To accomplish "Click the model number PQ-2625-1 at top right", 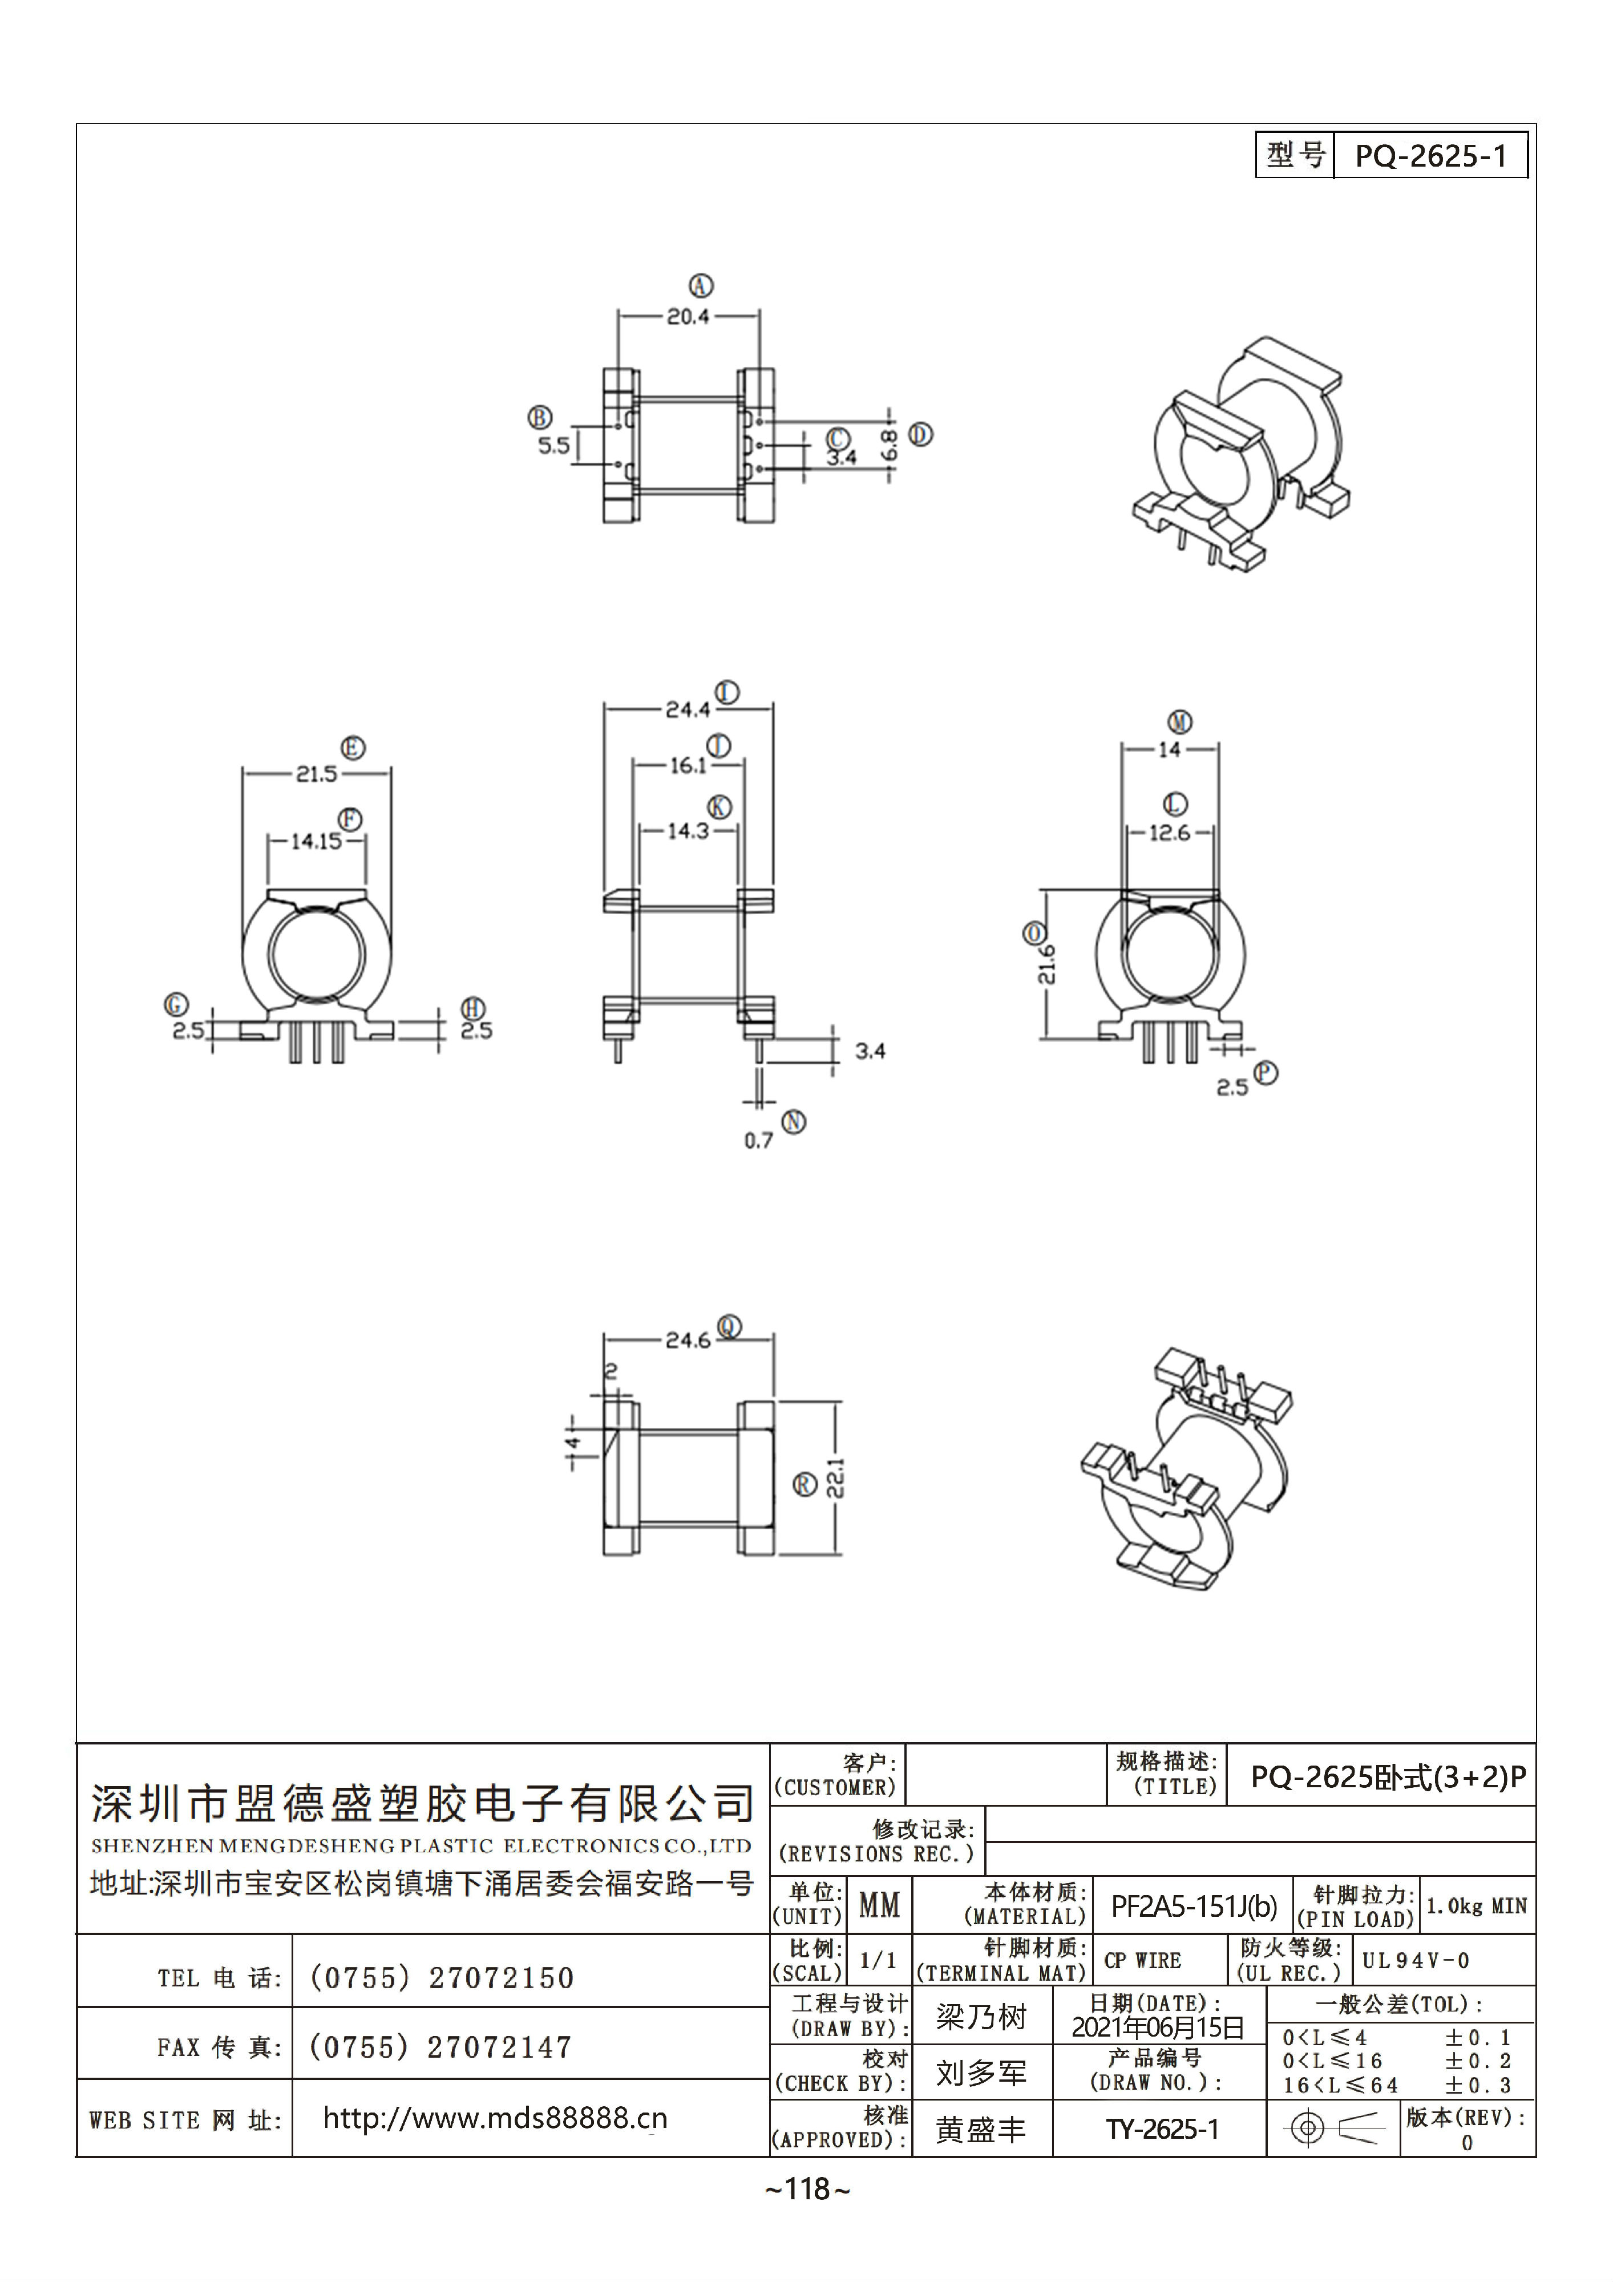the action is [x=1430, y=156].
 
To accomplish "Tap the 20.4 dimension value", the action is [x=688, y=317].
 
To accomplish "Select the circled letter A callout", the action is [x=702, y=286].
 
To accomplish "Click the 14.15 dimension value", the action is [x=316, y=841].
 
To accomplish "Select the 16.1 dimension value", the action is [x=688, y=765].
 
